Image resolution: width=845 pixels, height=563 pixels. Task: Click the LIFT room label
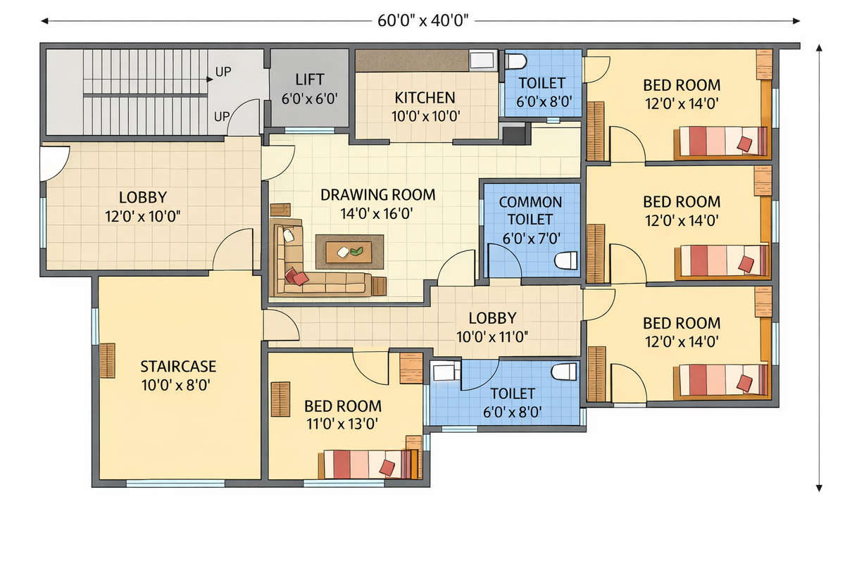(309, 80)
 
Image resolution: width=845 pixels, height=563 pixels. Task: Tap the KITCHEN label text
(425, 98)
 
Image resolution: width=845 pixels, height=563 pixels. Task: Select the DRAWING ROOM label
(377, 195)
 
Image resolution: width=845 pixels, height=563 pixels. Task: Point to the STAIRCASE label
(178, 367)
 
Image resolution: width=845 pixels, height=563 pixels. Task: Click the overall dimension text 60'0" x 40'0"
(423, 20)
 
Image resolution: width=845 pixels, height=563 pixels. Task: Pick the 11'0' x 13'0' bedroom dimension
(342, 424)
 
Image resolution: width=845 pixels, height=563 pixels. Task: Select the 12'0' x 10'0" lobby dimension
(142, 217)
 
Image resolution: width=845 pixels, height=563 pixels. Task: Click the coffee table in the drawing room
(349, 252)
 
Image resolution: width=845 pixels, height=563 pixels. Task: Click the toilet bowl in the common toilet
(566, 260)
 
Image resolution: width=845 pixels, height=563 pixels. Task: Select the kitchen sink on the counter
(482, 61)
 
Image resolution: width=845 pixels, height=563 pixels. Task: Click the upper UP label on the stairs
(223, 72)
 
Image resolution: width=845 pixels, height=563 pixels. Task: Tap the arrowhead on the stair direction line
(210, 80)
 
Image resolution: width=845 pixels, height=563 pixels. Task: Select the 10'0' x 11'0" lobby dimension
(492, 336)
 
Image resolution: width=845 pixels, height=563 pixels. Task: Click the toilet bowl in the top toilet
(515, 61)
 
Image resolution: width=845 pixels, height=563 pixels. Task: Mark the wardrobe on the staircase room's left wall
(108, 360)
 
